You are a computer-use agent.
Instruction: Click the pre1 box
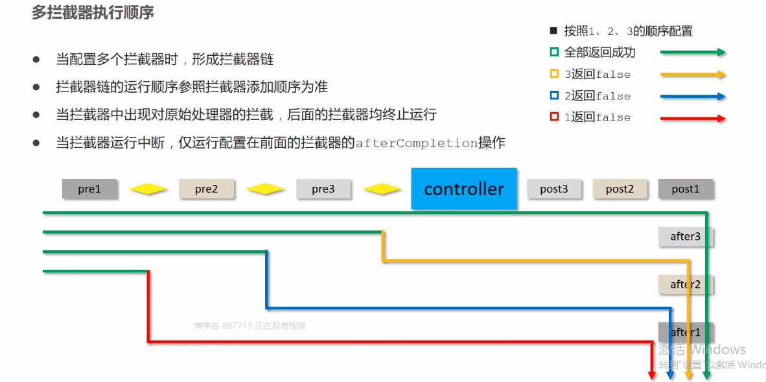(89, 189)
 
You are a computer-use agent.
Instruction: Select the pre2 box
(206, 189)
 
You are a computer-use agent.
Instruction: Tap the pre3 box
(323, 189)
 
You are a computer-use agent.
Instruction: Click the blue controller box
(464, 189)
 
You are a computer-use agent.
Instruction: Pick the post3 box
(554, 189)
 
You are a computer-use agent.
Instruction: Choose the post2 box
(620, 189)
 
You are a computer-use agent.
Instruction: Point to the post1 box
(686, 189)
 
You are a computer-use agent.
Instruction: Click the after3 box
(686, 237)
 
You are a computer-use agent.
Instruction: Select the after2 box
(686, 284)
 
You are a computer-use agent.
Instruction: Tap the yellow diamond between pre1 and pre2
(148, 189)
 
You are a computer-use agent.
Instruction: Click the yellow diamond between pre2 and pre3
(264, 189)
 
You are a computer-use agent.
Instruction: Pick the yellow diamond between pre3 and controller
(382, 189)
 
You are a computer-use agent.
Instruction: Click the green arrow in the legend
(693, 53)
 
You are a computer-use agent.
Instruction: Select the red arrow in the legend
(693, 118)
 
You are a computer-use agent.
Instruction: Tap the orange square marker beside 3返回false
(553, 74)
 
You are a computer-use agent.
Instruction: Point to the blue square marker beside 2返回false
(553, 96)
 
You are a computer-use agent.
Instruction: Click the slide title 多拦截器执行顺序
(93, 12)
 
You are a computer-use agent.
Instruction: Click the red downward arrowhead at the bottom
(652, 374)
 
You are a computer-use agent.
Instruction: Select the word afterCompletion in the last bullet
(417, 143)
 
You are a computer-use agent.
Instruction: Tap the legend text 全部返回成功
(599, 53)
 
